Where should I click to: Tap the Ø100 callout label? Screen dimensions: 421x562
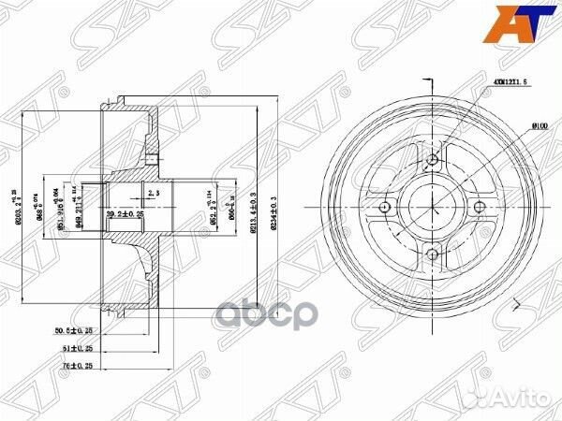[x=512, y=124]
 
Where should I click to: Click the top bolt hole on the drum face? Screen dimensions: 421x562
[x=432, y=159]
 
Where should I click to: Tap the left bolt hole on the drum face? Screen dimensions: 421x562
[x=385, y=207]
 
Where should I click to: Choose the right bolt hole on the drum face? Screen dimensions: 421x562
[x=480, y=207]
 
